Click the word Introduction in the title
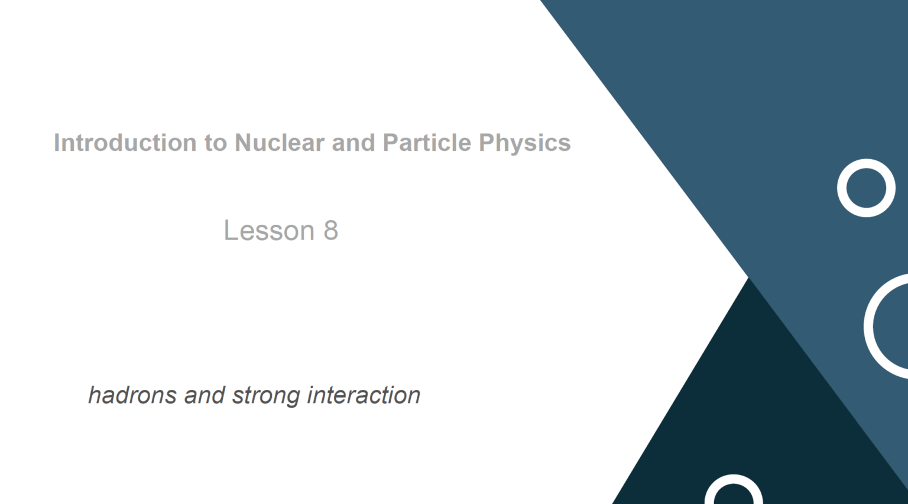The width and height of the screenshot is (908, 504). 125,143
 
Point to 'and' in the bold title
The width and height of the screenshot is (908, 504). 353,143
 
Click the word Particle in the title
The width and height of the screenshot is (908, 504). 427,143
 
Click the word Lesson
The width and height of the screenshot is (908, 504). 269,230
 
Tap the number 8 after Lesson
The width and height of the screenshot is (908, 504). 331,230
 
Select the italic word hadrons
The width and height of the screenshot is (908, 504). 132,395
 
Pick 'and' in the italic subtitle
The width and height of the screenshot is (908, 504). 205,395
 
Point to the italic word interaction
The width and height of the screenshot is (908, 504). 364,395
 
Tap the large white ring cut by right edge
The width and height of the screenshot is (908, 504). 869,327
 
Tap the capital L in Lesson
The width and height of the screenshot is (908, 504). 231,230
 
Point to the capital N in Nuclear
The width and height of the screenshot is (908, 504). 244,143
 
